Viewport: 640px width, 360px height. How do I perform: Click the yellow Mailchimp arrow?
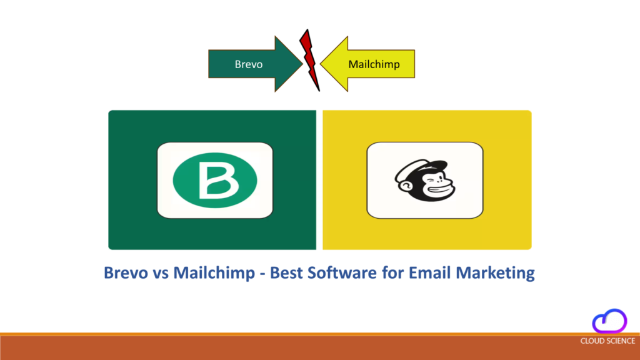pyautogui.click(x=369, y=64)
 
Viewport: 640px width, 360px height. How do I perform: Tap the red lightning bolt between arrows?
pyautogui.click(x=309, y=59)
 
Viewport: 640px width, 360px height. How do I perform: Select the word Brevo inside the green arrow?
pyautogui.click(x=248, y=64)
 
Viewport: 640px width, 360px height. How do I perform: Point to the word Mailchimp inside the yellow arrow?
pyautogui.click(x=374, y=64)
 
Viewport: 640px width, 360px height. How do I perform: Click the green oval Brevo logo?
pyautogui.click(x=214, y=180)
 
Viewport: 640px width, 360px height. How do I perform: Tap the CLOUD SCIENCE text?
pyautogui.click(x=607, y=341)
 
